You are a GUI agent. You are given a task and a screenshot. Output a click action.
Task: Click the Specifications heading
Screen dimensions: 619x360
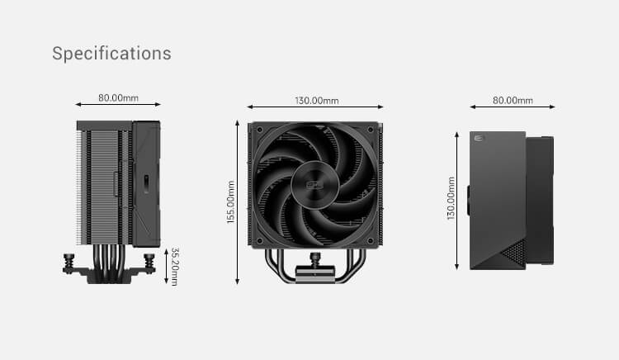pos(111,54)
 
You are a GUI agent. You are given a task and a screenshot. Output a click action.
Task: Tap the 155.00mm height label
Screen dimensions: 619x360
pos(231,202)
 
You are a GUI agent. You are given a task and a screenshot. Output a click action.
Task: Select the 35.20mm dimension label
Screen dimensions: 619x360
pos(174,267)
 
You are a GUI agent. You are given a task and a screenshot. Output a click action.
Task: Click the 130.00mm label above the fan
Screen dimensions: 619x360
pos(317,101)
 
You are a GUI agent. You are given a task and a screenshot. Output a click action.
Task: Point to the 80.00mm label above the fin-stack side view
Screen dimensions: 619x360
pos(118,97)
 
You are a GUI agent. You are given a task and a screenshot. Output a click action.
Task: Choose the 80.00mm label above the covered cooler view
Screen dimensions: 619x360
pos(513,100)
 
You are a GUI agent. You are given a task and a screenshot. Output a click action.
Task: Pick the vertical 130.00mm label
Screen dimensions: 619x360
pos(451,198)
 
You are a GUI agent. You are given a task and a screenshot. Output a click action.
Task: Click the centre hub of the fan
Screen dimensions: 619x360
pos(315,184)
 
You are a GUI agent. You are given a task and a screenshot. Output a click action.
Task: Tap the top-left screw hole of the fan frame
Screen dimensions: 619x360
pos(260,130)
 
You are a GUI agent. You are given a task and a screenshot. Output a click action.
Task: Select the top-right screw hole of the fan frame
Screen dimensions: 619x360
pos(371,130)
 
